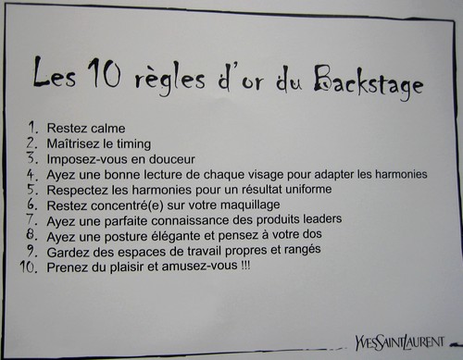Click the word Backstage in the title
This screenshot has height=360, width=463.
(x=369, y=82)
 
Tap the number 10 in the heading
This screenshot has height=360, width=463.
(x=104, y=73)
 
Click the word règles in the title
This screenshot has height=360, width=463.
(x=169, y=81)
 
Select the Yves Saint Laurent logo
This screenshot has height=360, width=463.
(x=400, y=341)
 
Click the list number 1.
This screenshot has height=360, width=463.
(x=33, y=127)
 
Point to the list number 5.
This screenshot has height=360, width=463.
(x=32, y=189)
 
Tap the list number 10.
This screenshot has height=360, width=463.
(x=29, y=267)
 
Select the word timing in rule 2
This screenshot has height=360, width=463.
(x=133, y=144)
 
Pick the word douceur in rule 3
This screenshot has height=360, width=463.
(x=172, y=159)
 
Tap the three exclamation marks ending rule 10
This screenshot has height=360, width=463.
(x=245, y=265)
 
